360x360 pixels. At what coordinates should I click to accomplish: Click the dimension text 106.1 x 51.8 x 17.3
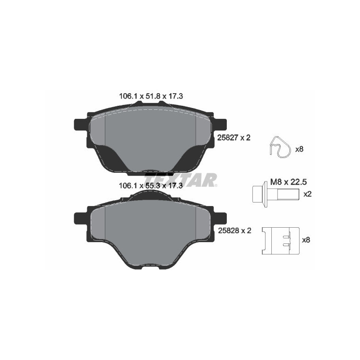point(150,96)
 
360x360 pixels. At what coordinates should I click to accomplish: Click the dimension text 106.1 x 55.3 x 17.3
point(150,185)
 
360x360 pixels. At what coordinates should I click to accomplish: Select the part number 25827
point(226,138)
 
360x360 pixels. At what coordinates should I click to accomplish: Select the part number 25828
point(226,230)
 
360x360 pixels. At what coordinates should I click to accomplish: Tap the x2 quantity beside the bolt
point(308,194)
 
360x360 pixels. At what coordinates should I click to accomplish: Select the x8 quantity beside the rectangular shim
point(306,240)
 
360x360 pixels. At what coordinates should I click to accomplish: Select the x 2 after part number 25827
point(245,138)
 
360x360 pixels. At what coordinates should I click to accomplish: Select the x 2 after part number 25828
point(245,230)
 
